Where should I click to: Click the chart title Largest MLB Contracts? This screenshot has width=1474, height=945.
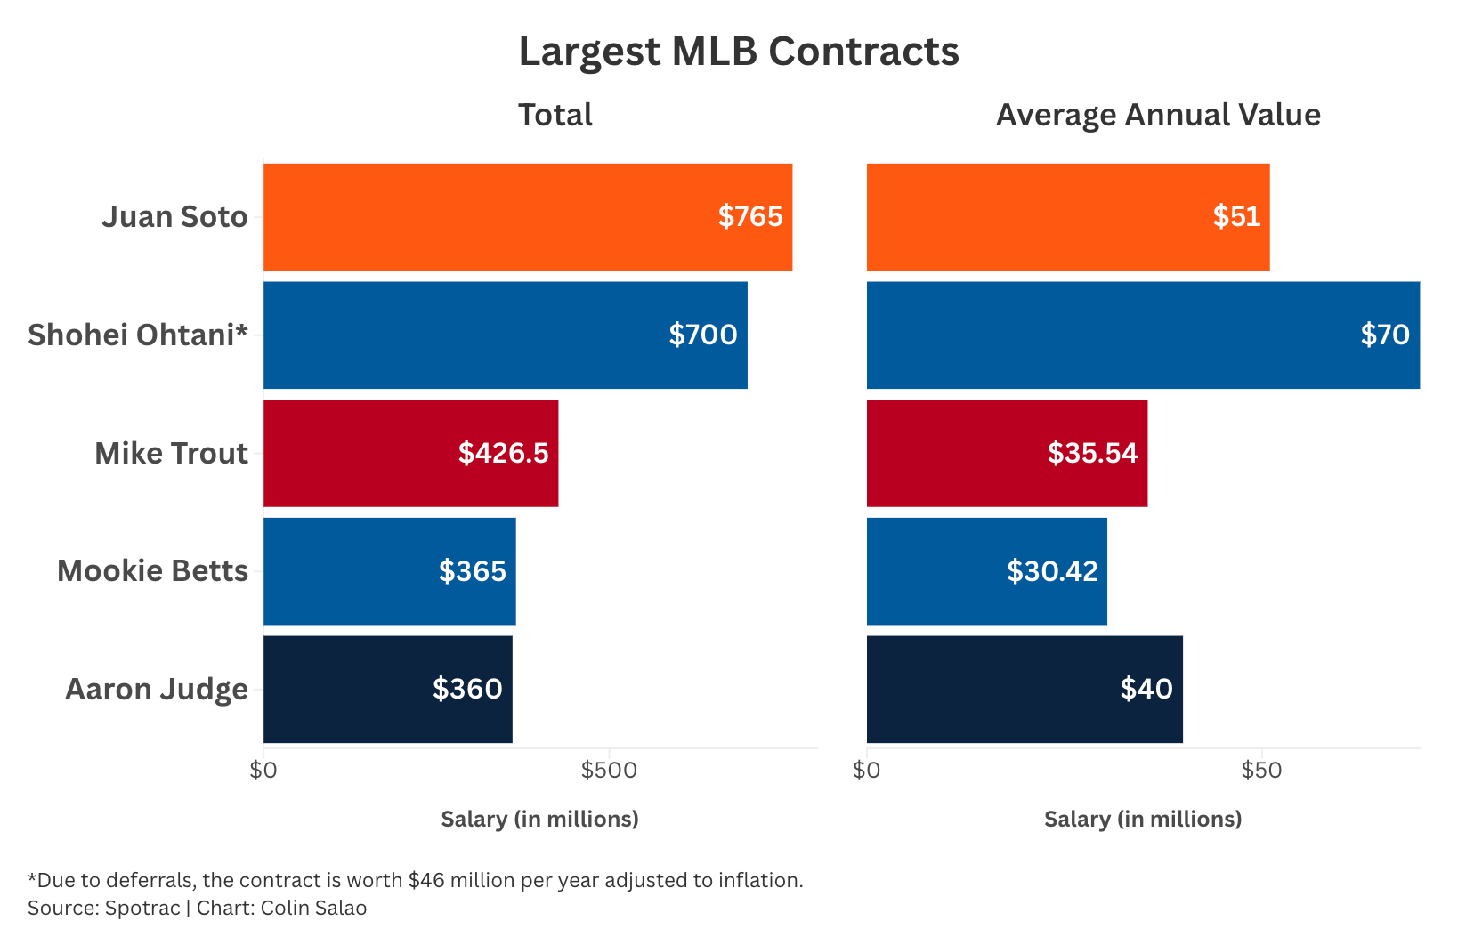click(738, 52)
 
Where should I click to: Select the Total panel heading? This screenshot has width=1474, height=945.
click(555, 115)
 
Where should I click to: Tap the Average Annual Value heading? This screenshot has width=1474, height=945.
click(1158, 116)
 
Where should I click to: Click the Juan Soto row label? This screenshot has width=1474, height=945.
click(175, 217)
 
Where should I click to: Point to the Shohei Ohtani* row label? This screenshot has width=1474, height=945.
click(138, 335)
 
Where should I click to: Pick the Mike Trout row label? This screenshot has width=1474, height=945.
click(172, 453)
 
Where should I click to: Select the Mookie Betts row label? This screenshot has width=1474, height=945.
click(153, 570)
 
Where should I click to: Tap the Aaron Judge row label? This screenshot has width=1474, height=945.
click(157, 690)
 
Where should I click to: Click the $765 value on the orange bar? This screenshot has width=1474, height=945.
click(750, 216)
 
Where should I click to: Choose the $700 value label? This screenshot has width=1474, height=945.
click(703, 335)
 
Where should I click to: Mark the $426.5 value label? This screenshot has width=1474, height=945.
click(504, 453)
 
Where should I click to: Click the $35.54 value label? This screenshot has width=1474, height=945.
click(1093, 453)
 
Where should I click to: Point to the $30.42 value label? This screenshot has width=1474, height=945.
click(1052, 570)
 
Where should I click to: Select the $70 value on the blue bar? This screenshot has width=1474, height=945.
click(1385, 335)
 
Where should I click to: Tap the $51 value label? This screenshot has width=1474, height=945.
click(1236, 216)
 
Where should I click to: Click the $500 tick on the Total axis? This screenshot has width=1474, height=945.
click(609, 770)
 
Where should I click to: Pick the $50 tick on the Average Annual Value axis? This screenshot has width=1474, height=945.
click(1261, 770)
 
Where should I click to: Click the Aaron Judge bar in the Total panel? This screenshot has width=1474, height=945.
click(387, 690)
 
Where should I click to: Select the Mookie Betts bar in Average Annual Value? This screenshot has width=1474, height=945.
click(986, 570)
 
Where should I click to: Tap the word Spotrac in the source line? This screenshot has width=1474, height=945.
click(142, 909)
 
